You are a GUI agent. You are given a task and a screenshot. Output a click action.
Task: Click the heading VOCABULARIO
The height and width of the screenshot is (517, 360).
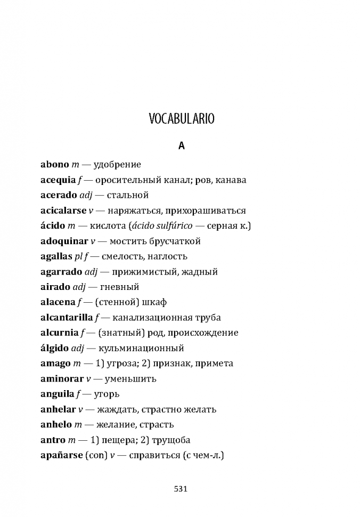point(181,118)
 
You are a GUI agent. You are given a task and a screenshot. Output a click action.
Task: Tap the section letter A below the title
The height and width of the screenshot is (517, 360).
point(181,146)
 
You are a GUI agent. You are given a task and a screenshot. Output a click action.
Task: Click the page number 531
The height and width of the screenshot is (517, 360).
point(181,488)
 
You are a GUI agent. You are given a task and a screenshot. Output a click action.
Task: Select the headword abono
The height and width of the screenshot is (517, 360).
point(55,165)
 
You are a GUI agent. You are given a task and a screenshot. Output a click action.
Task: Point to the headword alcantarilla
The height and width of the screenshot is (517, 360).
point(67,318)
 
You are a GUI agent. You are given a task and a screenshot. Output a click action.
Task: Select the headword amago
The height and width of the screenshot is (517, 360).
point(55,363)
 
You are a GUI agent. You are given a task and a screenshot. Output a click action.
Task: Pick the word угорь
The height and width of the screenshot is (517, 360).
point(106,394)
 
